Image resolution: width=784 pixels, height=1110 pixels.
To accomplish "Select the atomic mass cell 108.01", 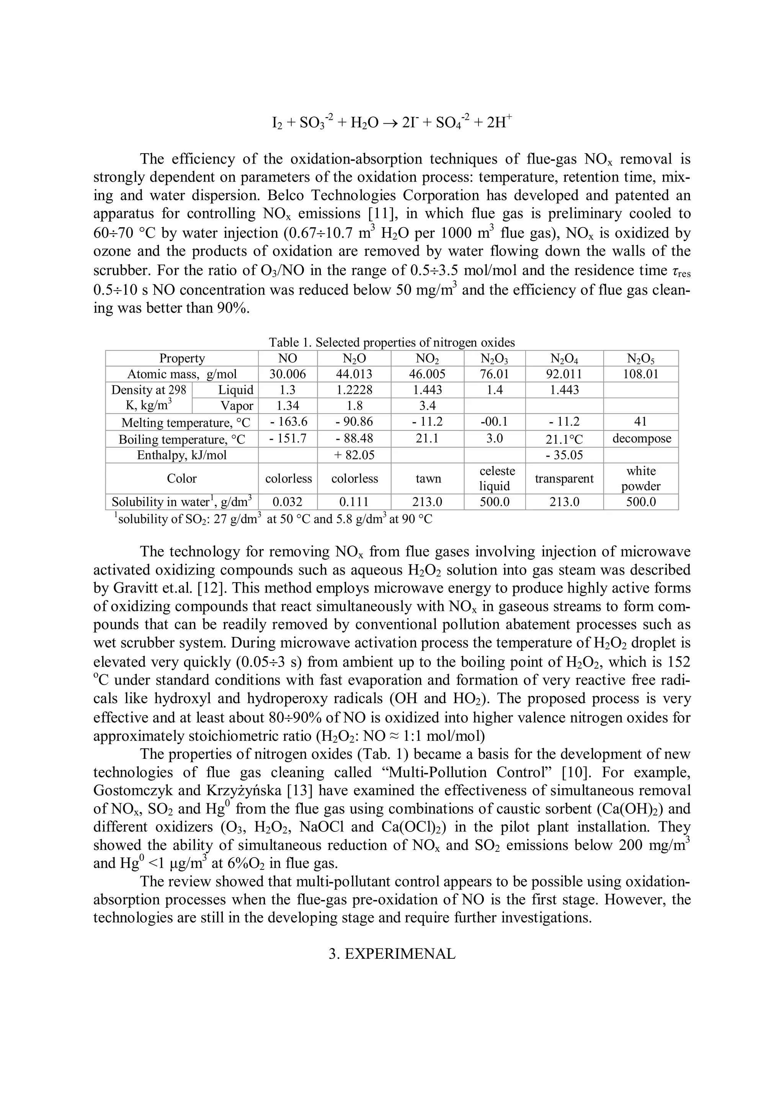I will click(640, 374).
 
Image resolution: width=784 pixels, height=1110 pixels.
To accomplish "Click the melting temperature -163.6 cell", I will click(288, 422).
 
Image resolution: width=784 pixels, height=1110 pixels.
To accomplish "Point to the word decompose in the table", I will click(641, 439).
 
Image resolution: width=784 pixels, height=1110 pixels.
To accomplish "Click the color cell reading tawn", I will click(428, 479).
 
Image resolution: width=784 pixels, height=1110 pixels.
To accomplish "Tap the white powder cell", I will click(640, 479).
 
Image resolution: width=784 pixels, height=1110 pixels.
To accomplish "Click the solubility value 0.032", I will click(288, 502).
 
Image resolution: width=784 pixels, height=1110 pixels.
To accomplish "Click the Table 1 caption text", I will click(392, 342).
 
